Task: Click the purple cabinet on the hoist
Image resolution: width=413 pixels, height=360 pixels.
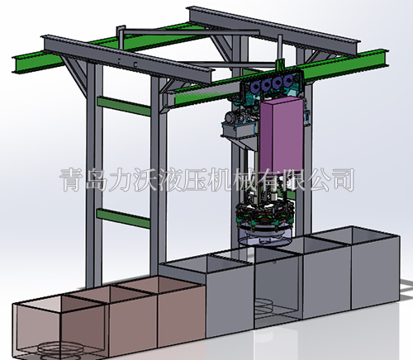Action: [x=281, y=135]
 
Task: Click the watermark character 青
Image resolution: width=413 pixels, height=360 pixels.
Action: [x=72, y=180]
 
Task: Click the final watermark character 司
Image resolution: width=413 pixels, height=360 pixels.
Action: [x=344, y=180]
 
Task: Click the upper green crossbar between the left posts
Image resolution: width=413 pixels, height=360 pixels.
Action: [x=124, y=106]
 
